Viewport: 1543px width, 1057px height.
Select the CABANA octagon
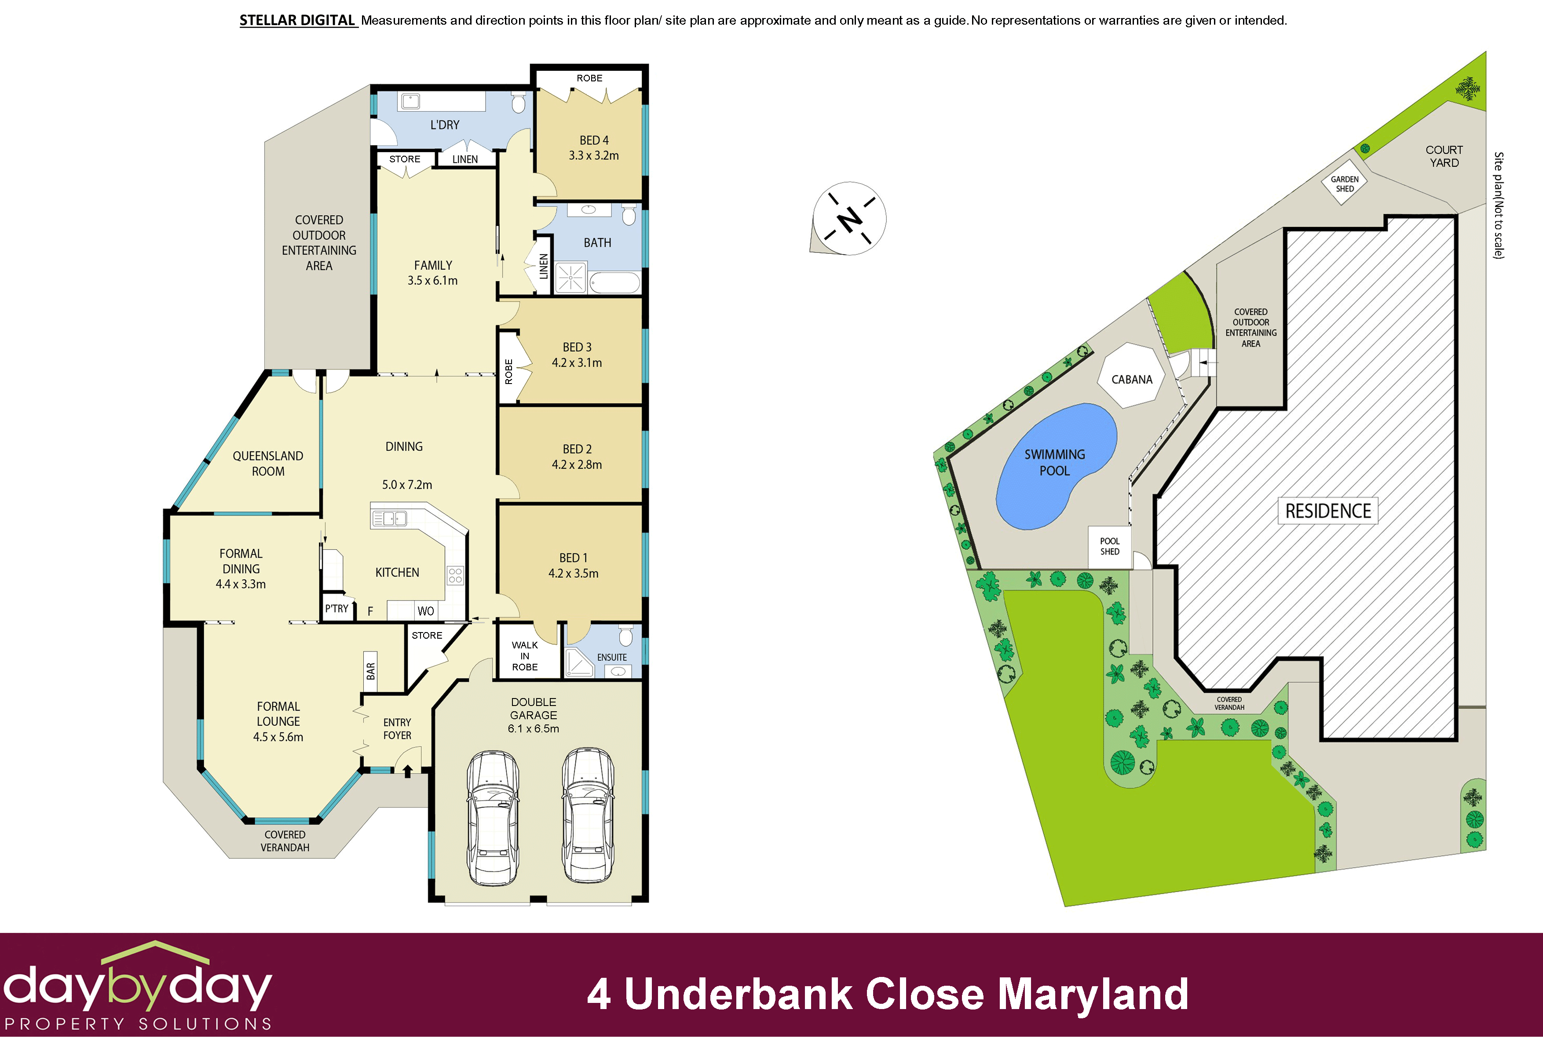pyautogui.click(x=1132, y=377)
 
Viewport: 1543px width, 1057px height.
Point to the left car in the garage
pyautogui.click(x=492, y=818)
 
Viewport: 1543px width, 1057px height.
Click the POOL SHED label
pyautogui.click(x=1109, y=546)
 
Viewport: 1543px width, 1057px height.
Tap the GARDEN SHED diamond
pyautogui.click(x=1345, y=183)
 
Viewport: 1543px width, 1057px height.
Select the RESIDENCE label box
pyautogui.click(x=1328, y=511)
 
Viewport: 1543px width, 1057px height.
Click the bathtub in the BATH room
pyautogui.click(x=614, y=282)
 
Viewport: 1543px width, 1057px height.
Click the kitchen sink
pyautogui.click(x=389, y=518)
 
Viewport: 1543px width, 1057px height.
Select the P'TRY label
pyautogui.click(x=336, y=608)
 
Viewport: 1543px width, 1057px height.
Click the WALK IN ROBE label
pyautogui.click(x=524, y=656)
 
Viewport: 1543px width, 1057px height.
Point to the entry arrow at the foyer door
pyautogui.click(x=408, y=771)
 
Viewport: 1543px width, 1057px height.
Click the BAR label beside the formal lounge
pyautogui.click(x=370, y=671)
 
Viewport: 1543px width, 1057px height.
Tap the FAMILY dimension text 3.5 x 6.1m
pyautogui.click(x=432, y=281)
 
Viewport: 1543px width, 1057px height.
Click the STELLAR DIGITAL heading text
pyautogui.click(x=297, y=21)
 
